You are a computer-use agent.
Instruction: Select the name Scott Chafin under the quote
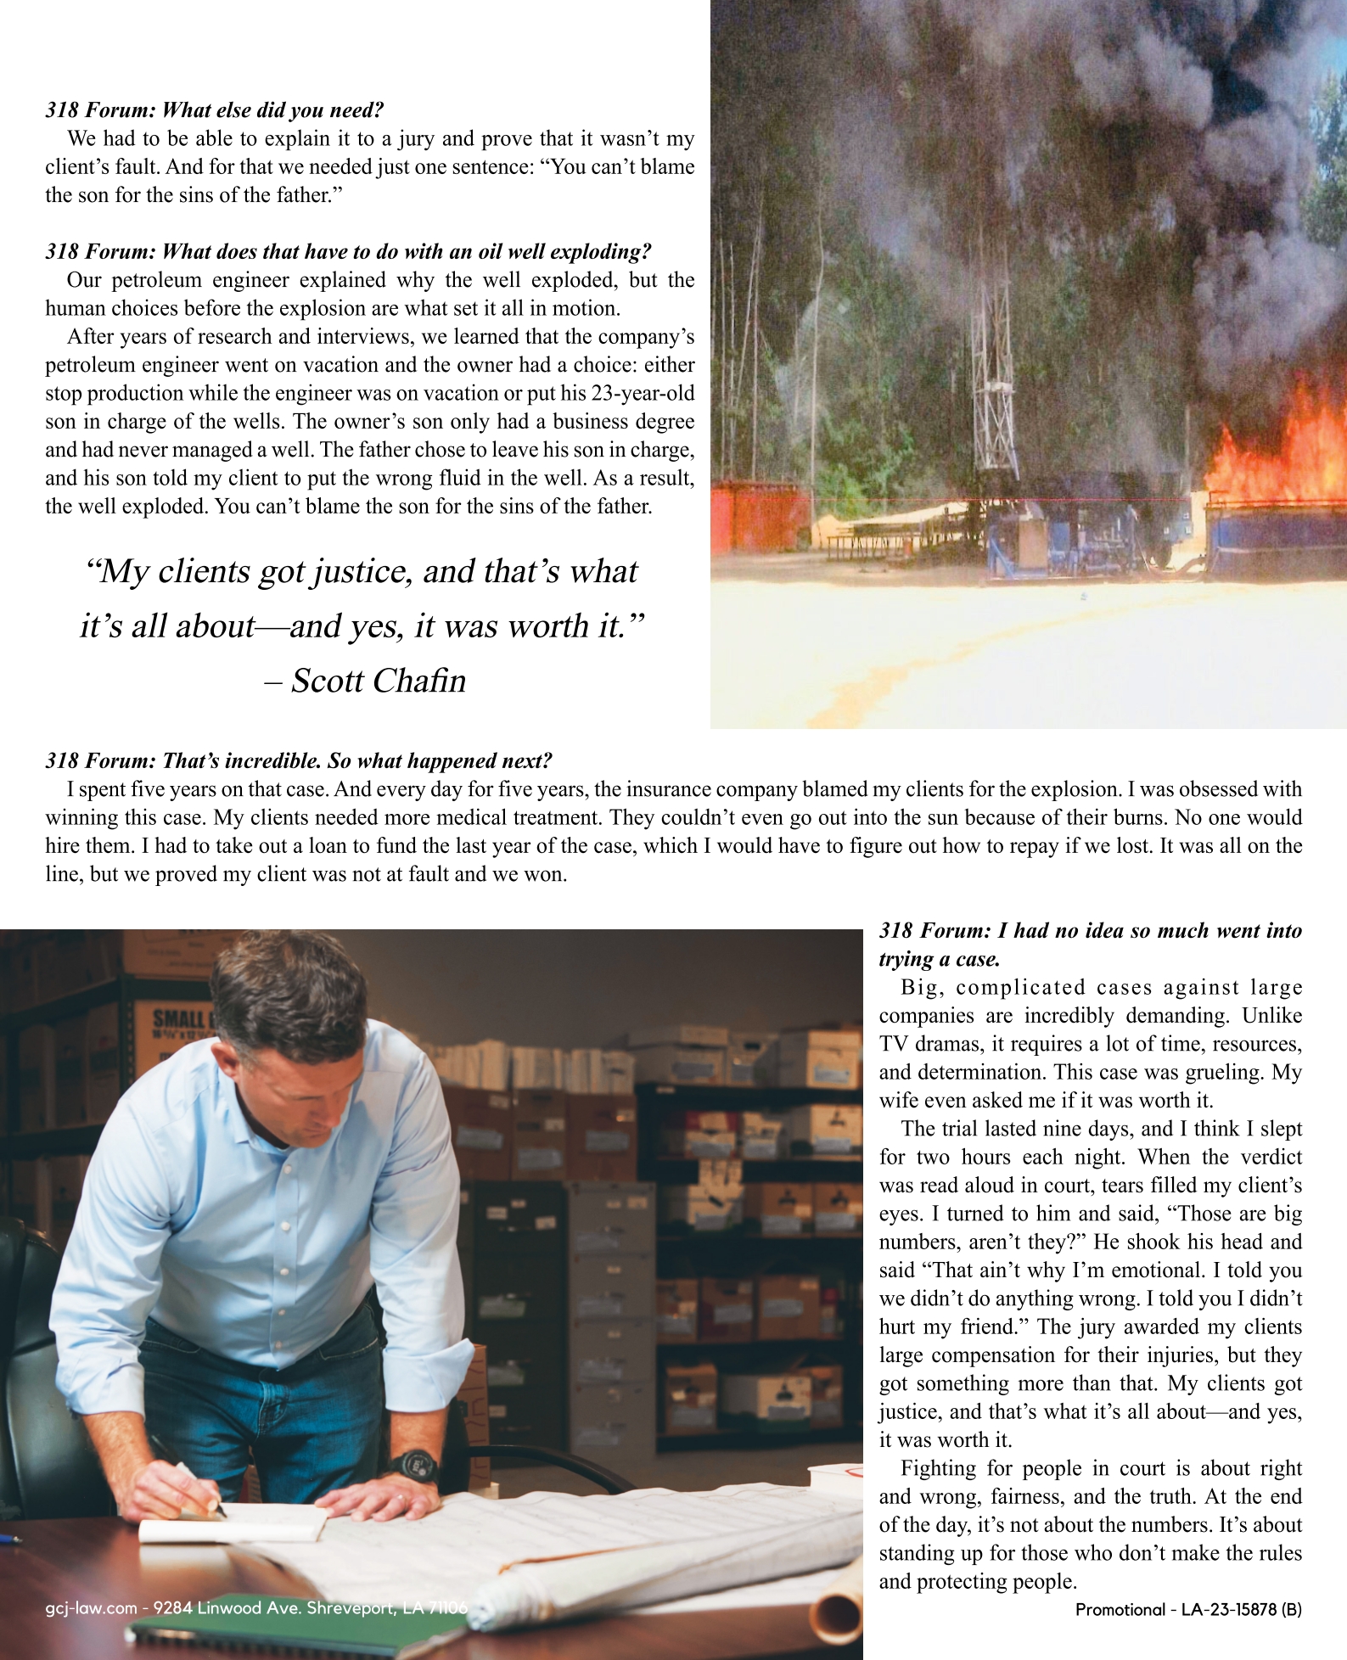click(x=379, y=681)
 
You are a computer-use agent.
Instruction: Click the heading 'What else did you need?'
click(x=215, y=110)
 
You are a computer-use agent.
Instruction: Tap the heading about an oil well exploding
click(x=348, y=252)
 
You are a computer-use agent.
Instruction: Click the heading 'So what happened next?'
click(x=299, y=760)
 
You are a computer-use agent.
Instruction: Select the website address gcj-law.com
click(x=91, y=1608)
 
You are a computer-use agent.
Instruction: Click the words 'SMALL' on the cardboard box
click(x=180, y=1018)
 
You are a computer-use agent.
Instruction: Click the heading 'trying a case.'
click(x=940, y=960)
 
